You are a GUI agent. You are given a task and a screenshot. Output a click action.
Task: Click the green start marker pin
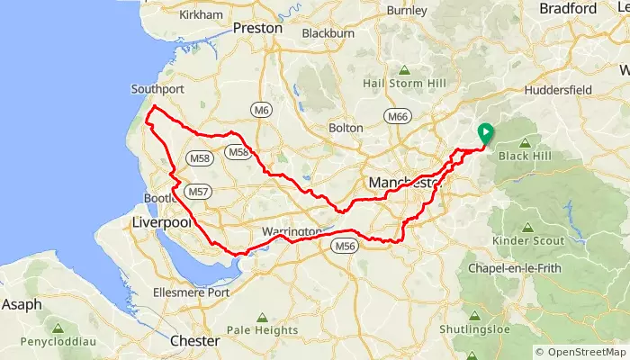[485, 133]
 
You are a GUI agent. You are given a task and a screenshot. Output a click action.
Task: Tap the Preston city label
[257, 29]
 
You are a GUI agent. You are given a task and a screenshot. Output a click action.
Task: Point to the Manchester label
[402, 184]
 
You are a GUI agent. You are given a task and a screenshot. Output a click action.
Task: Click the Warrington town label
[291, 232]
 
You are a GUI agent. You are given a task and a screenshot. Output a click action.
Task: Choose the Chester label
[194, 341]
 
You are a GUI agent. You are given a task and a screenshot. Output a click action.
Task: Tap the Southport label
[157, 89]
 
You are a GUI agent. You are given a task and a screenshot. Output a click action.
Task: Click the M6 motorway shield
[261, 111]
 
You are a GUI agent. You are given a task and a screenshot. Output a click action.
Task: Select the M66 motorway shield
[396, 117]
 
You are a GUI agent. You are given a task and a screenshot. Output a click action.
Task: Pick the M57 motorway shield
[200, 192]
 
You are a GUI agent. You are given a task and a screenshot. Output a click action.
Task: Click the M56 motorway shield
[346, 246]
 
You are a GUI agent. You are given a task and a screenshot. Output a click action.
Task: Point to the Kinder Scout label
[529, 241]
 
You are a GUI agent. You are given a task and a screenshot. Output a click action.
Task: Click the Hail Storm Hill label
[404, 83]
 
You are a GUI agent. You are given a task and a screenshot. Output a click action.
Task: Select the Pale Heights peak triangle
[262, 317]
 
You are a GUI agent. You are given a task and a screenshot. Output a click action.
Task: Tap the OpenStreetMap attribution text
[580, 352]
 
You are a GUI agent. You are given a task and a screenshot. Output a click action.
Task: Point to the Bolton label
[346, 129]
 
